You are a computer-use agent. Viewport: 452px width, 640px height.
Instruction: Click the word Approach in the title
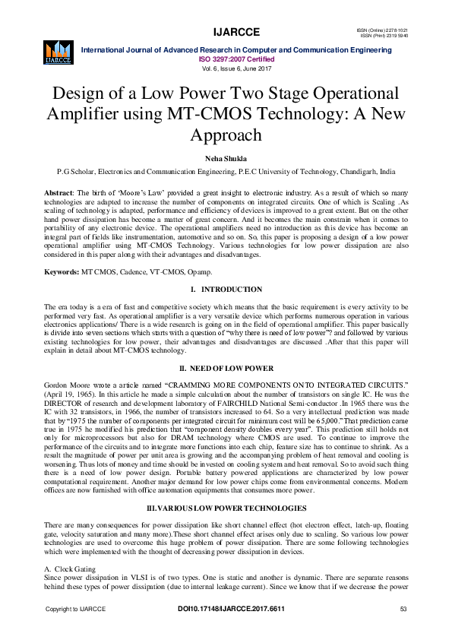click(226, 134)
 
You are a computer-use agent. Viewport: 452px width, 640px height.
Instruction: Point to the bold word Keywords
click(62, 271)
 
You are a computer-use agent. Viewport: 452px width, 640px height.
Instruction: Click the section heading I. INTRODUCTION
click(226, 290)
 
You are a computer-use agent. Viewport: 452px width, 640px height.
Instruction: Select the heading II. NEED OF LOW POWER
click(226, 367)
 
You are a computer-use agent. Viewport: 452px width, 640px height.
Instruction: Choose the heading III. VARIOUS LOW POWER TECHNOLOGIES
click(226, 484)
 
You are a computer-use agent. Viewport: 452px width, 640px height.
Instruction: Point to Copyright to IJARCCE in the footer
click(75, 610)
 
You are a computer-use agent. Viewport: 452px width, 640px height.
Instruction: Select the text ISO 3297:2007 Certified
click(226, 58)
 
